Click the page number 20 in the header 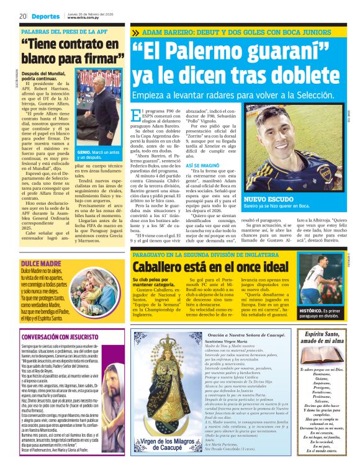22,16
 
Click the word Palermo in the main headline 207,55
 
